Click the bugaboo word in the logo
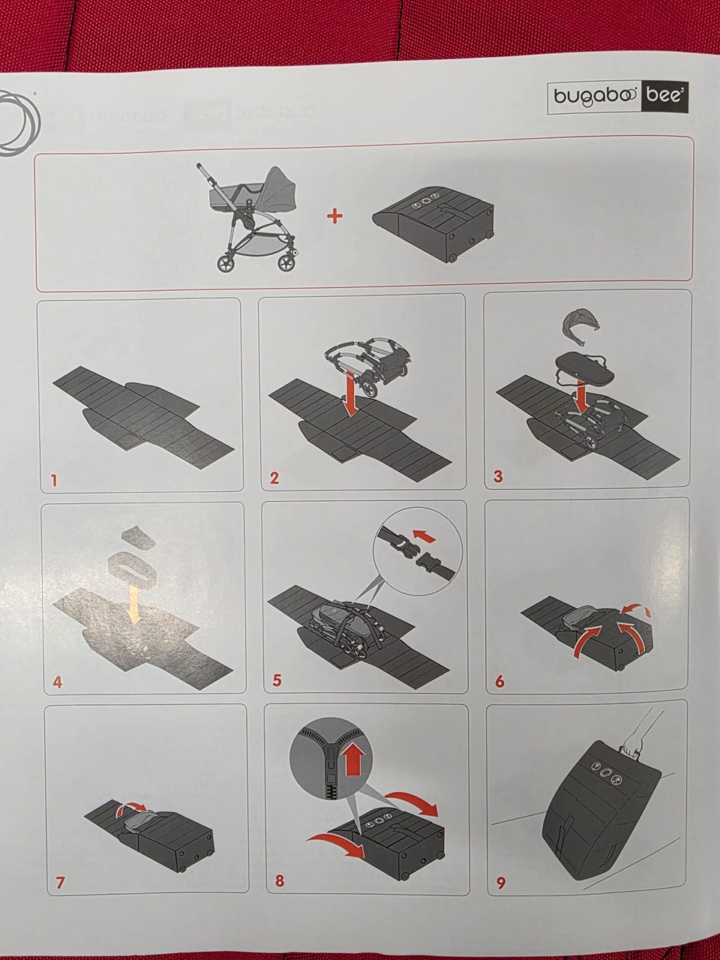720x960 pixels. (595, 96)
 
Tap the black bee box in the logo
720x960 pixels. (664, 96)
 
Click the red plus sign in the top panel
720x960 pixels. (334, 216)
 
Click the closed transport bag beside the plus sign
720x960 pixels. (433, 223)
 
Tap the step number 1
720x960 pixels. (54, 481)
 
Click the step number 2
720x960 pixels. (274, 478)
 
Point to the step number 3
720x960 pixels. (498, 476)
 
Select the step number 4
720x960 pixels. (57, 682)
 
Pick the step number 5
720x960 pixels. (277, 680)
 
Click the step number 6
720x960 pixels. (499, 682)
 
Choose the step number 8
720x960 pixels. (280, 880)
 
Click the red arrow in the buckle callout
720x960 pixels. (424, 536)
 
